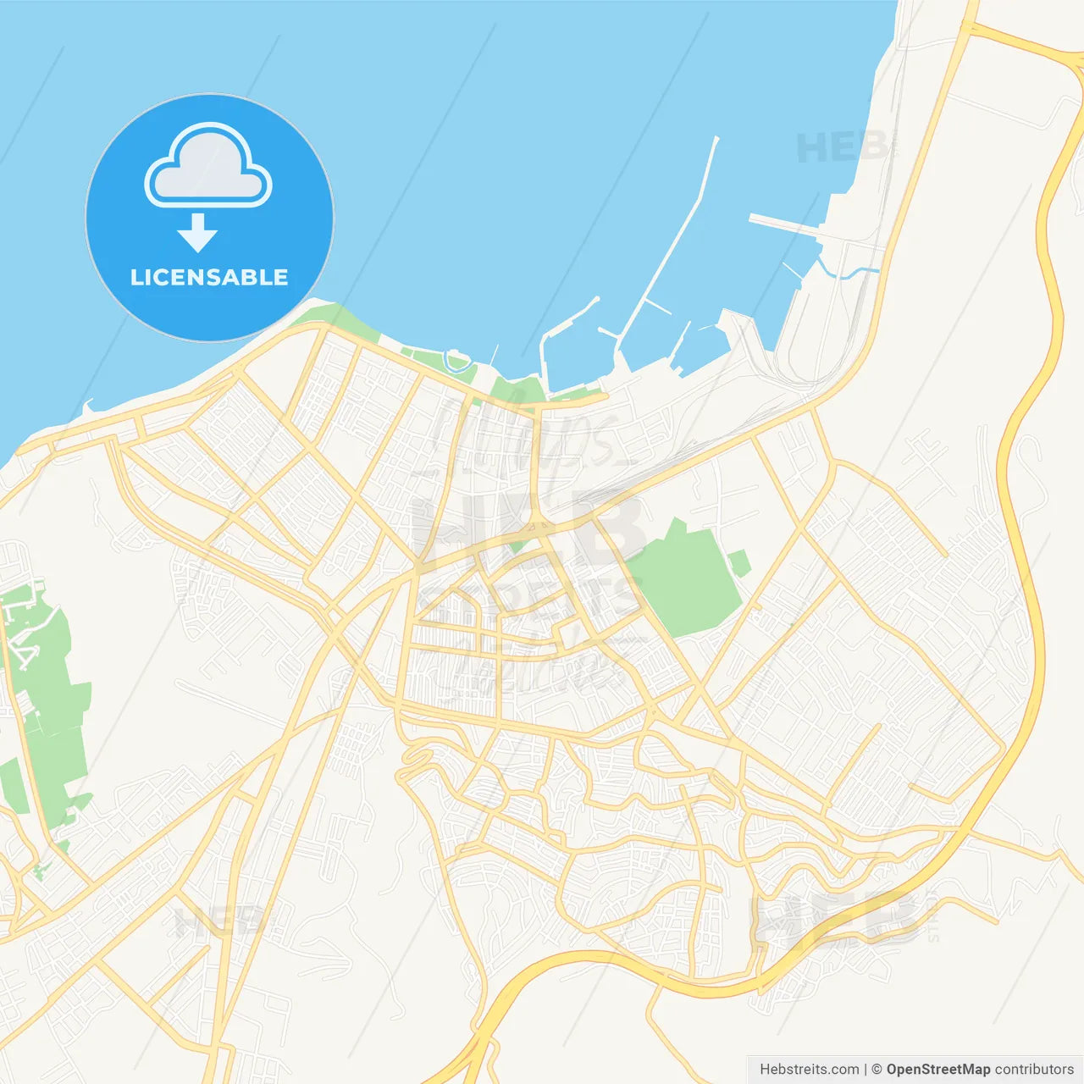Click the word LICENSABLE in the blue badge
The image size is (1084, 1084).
[209, 278]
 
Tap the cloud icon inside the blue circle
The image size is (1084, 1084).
[208, 167]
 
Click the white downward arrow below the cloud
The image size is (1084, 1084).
[197, 233]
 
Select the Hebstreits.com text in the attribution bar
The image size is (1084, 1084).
[810, 1070]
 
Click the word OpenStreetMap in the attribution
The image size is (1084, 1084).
[937, 1070]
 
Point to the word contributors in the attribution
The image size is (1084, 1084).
[1034, 1070]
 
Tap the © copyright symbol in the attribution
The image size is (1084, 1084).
[877, 1070]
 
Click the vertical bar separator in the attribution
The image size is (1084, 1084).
[866, 1070]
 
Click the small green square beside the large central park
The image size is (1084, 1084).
[739, 562]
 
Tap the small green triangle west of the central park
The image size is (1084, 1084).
[519, 543]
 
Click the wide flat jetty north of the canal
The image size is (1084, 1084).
[784, 224]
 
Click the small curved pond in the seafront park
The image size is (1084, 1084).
[457, 362]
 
